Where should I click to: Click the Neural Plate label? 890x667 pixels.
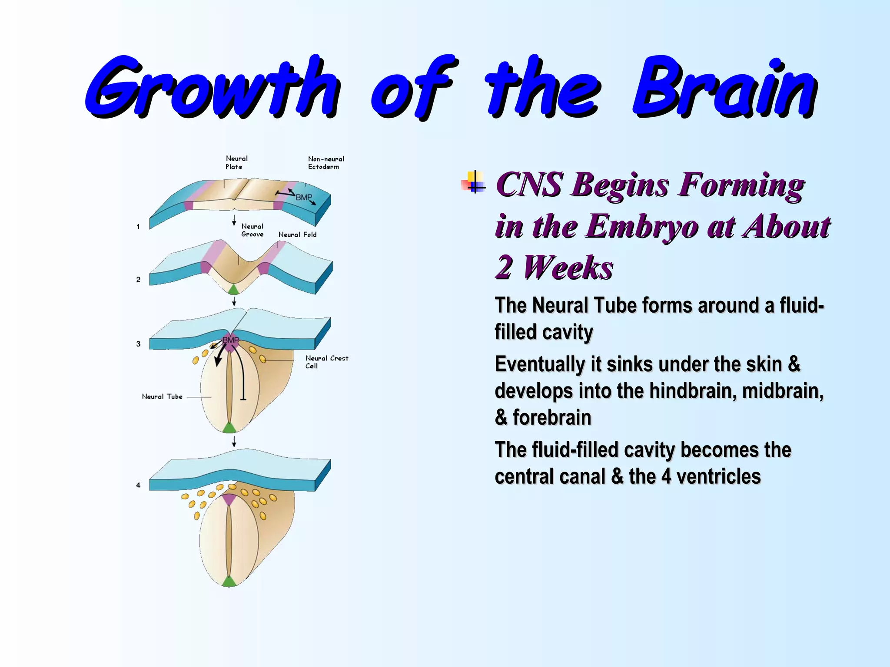pyautogui.click(x=236, y=162)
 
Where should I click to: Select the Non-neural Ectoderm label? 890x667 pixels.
pyautogui.click(x=326, y=163)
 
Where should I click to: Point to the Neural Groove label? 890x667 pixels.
pyautogui.click(x=252, y=230)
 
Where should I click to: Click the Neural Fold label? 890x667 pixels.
pyautogui.click(x=297, y=234)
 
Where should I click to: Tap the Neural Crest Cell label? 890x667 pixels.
pyautogui.click(x=326, y=362)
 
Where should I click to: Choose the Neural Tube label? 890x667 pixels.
pyautogui.click(x=162, y=396)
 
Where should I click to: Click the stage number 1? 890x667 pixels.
pyautogui.click(x=138, y=227)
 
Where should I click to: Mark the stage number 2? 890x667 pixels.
pyautogui.click(x=138, y=280)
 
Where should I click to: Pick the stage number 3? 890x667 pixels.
pyautogui.click(x=138, y=344)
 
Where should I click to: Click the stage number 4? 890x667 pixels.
pyautogui.click(x=138, y=485)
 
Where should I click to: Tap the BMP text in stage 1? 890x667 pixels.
pyautogui.click(x=304, y=198)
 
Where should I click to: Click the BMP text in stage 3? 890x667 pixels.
pyautogui.click(x=230, y=340)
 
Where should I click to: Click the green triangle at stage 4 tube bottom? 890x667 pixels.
pyautogui.click(x=229, y=582)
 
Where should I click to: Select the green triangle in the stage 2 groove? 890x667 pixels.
pyautogui.click(x=233, y=290)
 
